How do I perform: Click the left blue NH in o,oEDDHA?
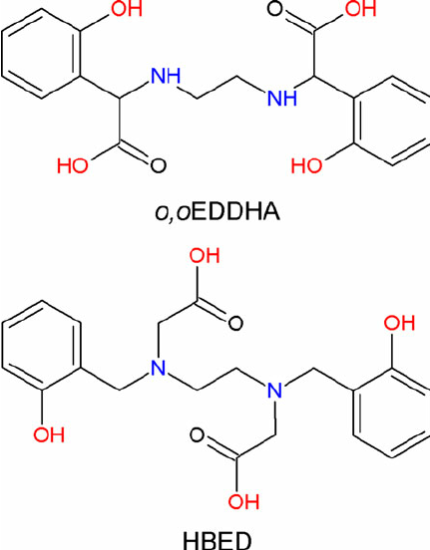(166, 76)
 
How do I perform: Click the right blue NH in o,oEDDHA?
(282, 98)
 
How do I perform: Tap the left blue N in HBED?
(158, 368)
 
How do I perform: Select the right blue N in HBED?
(274, 390)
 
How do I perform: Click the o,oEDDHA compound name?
(217, 212)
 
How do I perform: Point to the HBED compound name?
(217, 540)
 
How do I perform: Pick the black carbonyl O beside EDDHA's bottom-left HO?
(158, 165)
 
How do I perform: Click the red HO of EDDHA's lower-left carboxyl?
(73, 165)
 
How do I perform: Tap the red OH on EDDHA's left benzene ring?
(127, 8)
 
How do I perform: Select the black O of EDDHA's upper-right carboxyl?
(274, 8)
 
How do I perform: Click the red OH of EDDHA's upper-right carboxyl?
(360, 8)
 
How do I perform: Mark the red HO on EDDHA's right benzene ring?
(306, 165)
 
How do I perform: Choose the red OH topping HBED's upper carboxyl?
(205, 255)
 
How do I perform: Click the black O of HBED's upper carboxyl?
(235, 323)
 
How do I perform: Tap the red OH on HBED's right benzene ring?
(399, 323)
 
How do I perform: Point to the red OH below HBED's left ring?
(49, 434)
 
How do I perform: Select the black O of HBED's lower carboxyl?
(198, 435)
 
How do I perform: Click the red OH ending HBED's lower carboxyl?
(243, 501)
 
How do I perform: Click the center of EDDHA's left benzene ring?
(42, 54)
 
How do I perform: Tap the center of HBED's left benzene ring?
(42, 345)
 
